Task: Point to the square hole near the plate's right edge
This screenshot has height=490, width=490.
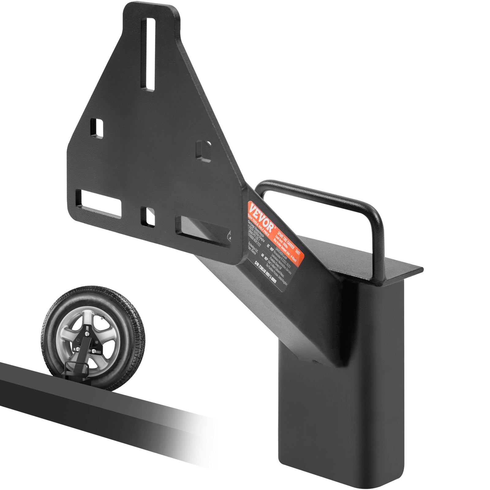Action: (203, 151)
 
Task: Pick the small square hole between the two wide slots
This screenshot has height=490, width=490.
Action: (148, 217)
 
